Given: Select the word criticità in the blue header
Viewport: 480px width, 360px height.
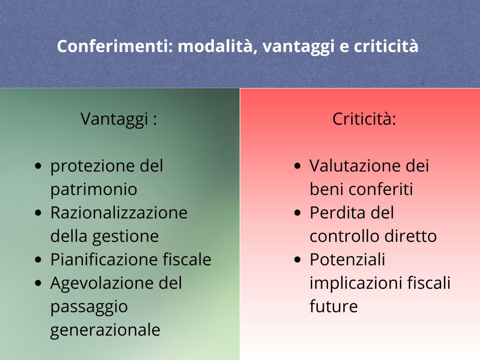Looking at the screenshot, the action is [x=386, y=46].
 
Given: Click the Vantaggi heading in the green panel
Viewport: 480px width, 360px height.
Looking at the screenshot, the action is [x=119, y=120].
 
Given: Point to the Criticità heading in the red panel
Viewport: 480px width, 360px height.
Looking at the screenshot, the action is [x=364, y=119].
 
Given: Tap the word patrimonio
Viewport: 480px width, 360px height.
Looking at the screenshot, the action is [x=94, y=190].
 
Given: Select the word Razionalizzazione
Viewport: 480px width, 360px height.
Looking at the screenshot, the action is [x=119, y=213].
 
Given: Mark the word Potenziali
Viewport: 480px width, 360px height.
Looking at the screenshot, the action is [x=347, y=260].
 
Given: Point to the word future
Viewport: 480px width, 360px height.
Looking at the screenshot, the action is [x=334, y=307].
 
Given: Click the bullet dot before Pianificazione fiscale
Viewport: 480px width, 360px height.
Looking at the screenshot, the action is [x=38, y=260].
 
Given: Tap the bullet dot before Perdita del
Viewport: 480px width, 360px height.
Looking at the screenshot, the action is [x=298, y=213].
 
